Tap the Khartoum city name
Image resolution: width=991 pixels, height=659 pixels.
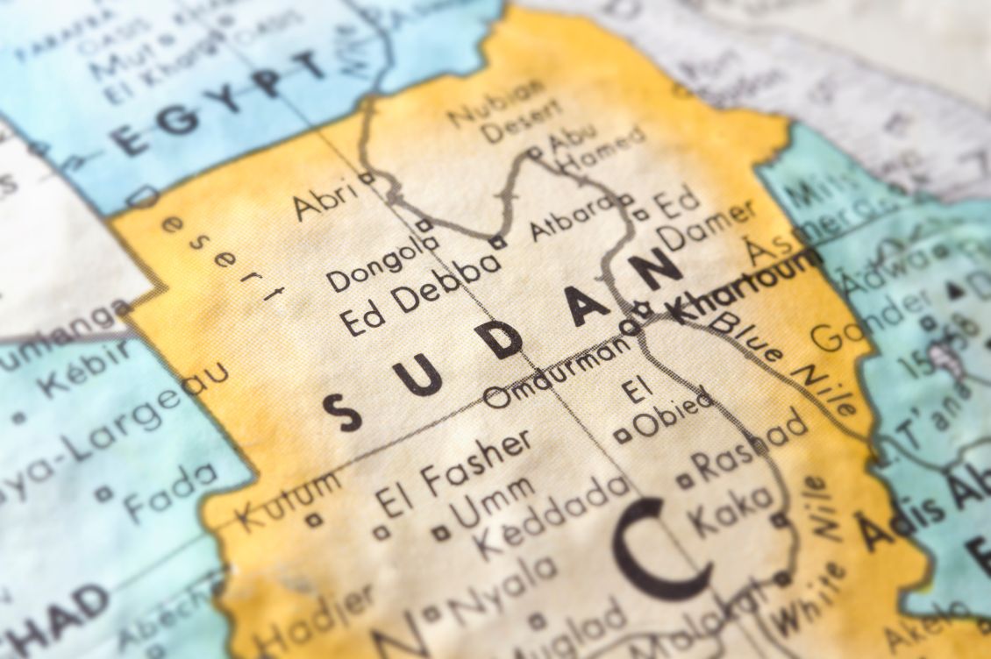click(x=745, y=286)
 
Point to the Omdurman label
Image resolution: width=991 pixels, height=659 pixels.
click(x=556, y=373)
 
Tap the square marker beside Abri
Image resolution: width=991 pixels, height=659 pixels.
click(x=368, y=178)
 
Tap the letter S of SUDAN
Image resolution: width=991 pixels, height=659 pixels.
click(x=342, y=411)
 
